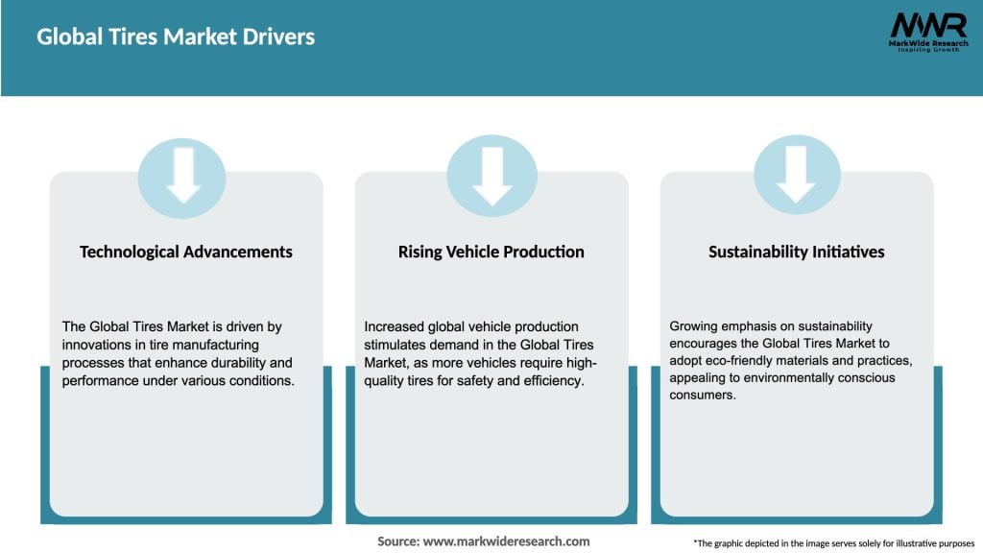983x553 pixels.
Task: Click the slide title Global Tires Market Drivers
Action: [176, 37]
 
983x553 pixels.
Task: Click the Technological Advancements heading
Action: [186, 252]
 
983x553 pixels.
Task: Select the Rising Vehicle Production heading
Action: [491, 252]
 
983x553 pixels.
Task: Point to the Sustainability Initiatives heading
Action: [796, 252]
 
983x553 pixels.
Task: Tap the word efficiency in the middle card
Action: [553, 379]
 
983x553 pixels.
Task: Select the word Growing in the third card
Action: [695, 326]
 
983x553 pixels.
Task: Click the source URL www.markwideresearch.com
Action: [506, 541]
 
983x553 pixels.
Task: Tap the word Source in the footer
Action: [397, 541]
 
